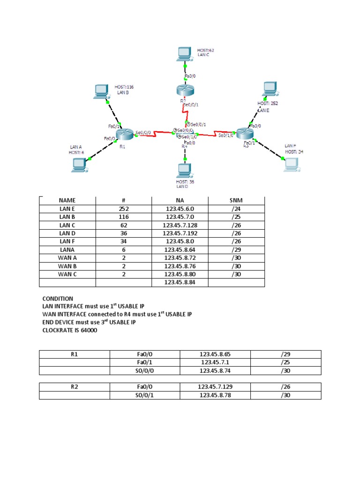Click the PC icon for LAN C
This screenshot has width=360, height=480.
[x=185, y=54]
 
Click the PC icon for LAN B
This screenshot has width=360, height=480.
[x=100, y=91]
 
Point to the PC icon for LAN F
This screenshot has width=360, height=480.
[x=291, y=164]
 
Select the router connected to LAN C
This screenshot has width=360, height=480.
[x=182, y=90]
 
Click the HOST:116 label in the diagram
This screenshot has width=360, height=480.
[x=124, y=87]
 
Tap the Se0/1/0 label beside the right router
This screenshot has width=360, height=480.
[x=226, y=135]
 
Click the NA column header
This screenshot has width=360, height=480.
[x=180, y=200]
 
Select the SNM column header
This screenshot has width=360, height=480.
[x=237, y=200]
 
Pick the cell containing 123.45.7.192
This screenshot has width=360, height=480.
[x=180, y=233]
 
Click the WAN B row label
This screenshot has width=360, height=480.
[x=67, y=266]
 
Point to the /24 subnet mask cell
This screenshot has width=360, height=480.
[x=237, y=209]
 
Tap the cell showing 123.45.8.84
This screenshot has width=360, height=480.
[x=180, y=283]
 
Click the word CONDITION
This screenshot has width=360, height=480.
[x=58, y=299]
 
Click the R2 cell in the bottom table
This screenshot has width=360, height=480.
[x=74, y=387]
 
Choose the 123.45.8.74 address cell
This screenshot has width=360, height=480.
[x=215, y=370]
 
